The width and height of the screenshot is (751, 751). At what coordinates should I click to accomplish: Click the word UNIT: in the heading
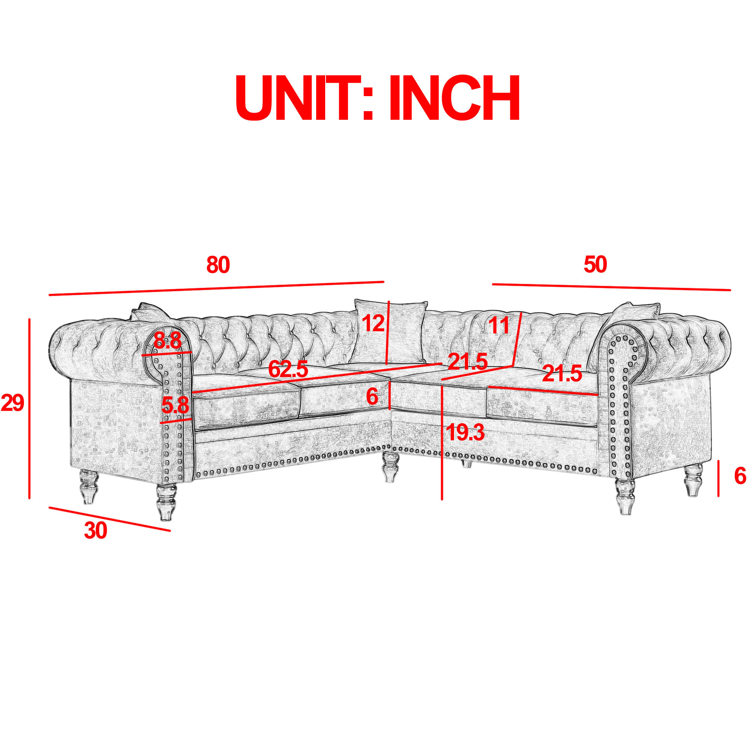(305, 98)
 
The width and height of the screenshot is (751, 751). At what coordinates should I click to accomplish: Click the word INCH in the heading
(455, 98)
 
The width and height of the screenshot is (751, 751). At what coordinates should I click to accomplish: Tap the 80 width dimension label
(218, 265)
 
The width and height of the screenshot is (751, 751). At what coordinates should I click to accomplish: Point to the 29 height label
(12, 403)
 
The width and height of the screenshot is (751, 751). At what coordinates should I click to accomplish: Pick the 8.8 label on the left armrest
(167, 341)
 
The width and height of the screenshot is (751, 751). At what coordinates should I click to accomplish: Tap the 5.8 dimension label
(175, 406)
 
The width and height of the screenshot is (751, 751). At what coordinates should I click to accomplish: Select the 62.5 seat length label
(288, 369)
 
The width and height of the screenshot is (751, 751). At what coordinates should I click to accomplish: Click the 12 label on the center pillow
(373, 323)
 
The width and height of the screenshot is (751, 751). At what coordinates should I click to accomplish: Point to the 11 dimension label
(499, 325)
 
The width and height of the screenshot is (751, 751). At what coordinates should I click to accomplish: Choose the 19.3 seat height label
(466, 432)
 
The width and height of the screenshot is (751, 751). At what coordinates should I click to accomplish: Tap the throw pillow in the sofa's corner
(390, 332)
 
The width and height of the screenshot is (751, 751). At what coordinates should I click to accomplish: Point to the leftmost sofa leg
(89, 487)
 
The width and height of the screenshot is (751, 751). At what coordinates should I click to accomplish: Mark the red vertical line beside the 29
(30, 408)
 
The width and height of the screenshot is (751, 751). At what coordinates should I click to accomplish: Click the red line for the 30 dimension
(110, 519)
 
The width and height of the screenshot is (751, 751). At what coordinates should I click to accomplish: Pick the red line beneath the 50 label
(611, 287)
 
